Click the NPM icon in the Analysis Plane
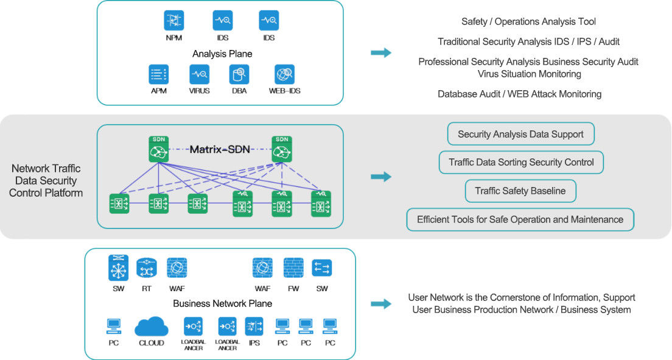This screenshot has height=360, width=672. [x=173, y=20]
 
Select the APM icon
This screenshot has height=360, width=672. [x=159, y=74]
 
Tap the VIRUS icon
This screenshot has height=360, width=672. [x=199, y=74]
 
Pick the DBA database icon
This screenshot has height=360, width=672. [x=239, y=74]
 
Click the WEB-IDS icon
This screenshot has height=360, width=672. [x=285, y=74]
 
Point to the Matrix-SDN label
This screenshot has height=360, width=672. [x=220, y=149]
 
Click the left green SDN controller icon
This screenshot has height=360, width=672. [x=159, y=149]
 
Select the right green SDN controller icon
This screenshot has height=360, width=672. [x=282, y=149]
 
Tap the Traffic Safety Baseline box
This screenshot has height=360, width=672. [x=520, y=191]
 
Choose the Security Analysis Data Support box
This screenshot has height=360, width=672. [x=520, y=134]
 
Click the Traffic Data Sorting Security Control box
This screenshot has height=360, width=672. [x=521, y=162]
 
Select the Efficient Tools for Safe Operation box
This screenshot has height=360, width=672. [x=520, y=219]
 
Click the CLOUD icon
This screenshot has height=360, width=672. [x=152, y=327]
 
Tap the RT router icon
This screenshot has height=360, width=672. [x=147, y=268]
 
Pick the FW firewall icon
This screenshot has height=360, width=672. [x=293, y=268]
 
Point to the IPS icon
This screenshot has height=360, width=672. [x=254, y=326]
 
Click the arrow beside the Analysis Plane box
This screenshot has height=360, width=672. [x=381, y=53]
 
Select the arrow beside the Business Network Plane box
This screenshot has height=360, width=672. [x=381, y=304]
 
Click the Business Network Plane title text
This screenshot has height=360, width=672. [x=222, y=303]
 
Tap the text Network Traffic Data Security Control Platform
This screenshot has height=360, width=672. [x=46, y=181]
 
